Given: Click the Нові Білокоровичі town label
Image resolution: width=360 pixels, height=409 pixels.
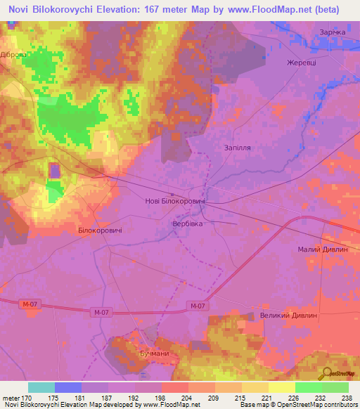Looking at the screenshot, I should click(x=174, y=202).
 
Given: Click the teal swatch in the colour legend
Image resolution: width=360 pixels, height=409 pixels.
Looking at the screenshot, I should click(x=41, y=387).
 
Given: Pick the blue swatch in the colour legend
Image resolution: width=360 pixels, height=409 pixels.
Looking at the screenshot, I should click(x=68, y=387).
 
